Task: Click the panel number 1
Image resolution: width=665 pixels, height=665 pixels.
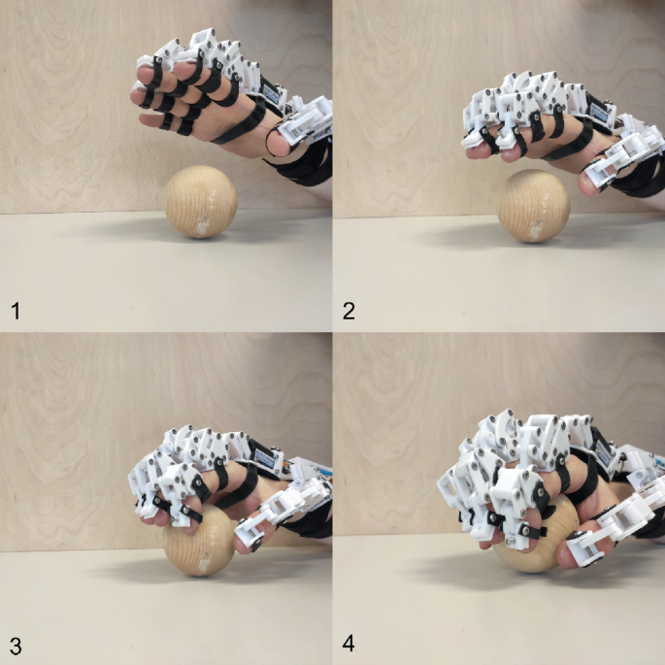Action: (16, 311)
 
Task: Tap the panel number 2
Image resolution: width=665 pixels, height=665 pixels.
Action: (349, 311)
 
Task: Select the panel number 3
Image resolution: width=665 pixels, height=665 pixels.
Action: (16, 647)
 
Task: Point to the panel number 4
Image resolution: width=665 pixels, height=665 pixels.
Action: (349, 644)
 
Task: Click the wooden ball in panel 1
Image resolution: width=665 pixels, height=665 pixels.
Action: (200, 202)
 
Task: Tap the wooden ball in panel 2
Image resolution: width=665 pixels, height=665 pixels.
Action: (534, 206)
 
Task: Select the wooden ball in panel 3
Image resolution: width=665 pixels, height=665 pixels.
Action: (198, 540)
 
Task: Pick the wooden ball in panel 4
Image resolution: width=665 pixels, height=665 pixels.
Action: (535, 535)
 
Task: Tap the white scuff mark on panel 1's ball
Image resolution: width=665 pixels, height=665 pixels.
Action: (205, 225)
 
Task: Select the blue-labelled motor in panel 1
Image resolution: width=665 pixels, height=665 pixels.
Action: (271, 92)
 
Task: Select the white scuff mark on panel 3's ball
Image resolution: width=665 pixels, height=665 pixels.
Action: (204, 561)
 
